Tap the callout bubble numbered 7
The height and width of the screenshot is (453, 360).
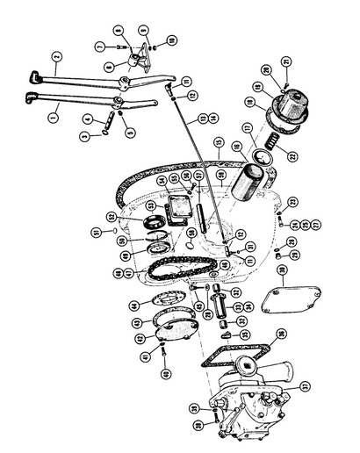click(x=99, y=44)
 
